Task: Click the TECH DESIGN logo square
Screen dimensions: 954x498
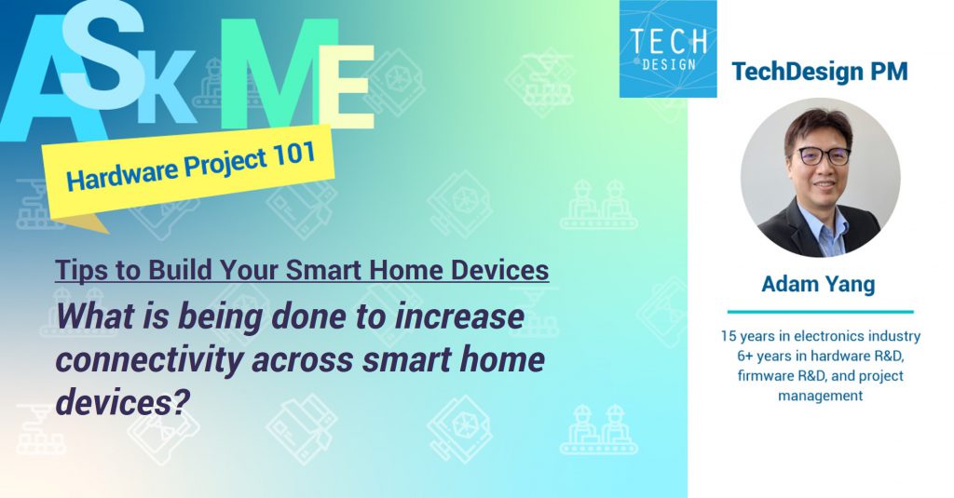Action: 668,48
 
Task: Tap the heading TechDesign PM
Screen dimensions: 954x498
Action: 820,72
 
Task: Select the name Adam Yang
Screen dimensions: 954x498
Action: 818,283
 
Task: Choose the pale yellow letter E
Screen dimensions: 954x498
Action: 346,87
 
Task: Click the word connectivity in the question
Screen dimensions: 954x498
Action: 148,359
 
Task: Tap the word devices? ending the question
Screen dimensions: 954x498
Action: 120,401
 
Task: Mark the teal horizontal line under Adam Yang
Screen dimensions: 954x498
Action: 821,311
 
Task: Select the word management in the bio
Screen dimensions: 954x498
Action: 820,396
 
